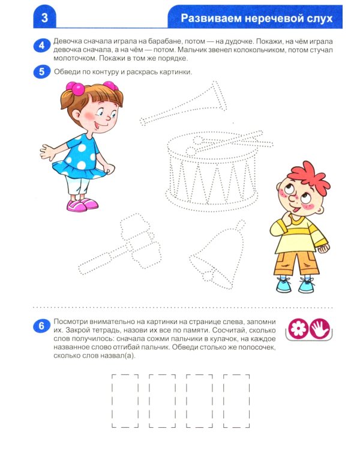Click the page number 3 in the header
pyautogui.click(x=44, y=18)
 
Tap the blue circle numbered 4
pyautogui.click(x=42, y=46)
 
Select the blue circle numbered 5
pyautogui.click(x=42, y=71)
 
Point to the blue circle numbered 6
pyautogui.click(x=42, y=326)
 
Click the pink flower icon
pyautogui.click(x=298, y=328)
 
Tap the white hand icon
pyautogui.click(x=320, y=328)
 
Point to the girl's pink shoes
pyautogui.click(x=82, y=205)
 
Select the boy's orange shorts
pyautogui.click(x=296, y=263)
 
